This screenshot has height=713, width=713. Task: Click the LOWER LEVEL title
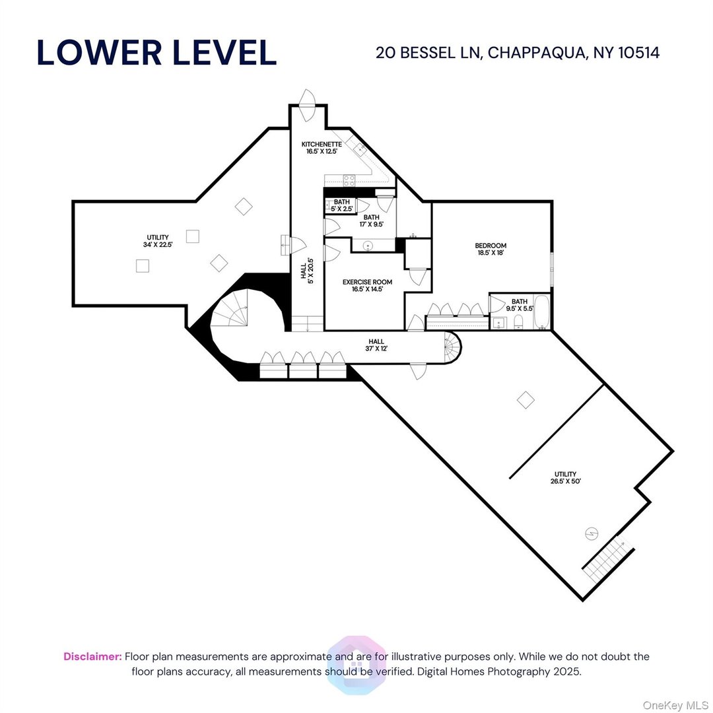click(156, 53)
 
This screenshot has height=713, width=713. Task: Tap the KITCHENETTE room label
click(322, 147)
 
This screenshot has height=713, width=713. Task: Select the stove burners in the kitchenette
click(349, 178)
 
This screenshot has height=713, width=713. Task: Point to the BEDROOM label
click(491, 249)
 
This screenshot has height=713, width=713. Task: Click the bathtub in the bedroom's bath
click(541, 313)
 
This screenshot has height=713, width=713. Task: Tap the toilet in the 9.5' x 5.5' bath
click(518, 322)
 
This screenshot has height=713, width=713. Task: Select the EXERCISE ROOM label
click(367, 285)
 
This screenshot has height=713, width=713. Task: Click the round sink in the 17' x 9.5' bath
click(368, 246)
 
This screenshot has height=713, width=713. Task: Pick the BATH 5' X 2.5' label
click(341, 205)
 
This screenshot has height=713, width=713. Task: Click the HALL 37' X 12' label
click(376, 345)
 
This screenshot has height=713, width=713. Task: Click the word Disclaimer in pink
click(92, 656)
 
